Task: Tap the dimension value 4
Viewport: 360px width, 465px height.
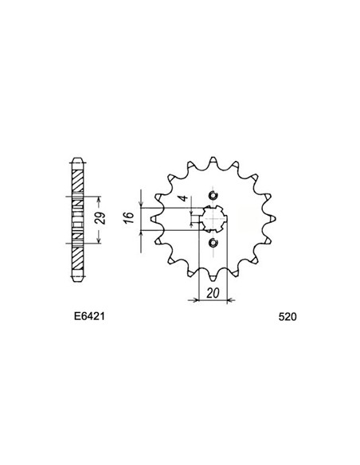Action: point(182,201)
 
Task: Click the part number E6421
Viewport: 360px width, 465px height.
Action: point(83,316)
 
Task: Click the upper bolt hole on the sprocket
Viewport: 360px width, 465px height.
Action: point(212,196)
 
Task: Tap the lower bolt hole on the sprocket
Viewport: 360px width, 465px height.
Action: point(212,242)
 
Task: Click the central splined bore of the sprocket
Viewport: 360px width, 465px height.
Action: point(211,219)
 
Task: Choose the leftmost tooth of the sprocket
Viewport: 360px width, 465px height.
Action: point(153,219)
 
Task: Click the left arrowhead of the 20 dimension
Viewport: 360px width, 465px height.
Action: point(190,302)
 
